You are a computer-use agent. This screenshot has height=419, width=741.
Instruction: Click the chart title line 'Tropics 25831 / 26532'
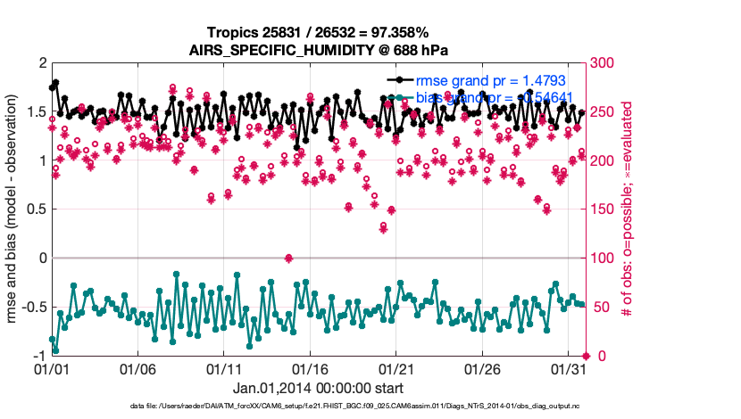(319, 32)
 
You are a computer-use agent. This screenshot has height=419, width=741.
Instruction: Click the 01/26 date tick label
(482, 368)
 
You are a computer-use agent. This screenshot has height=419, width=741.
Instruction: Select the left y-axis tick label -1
(37, 356)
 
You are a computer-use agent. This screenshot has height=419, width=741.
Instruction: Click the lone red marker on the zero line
(288, 259)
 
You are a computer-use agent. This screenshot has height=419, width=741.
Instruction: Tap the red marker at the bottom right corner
(586, 356)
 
